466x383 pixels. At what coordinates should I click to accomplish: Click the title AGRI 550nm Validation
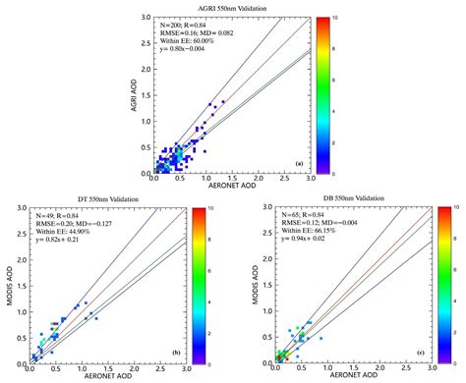tap(233, 7)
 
